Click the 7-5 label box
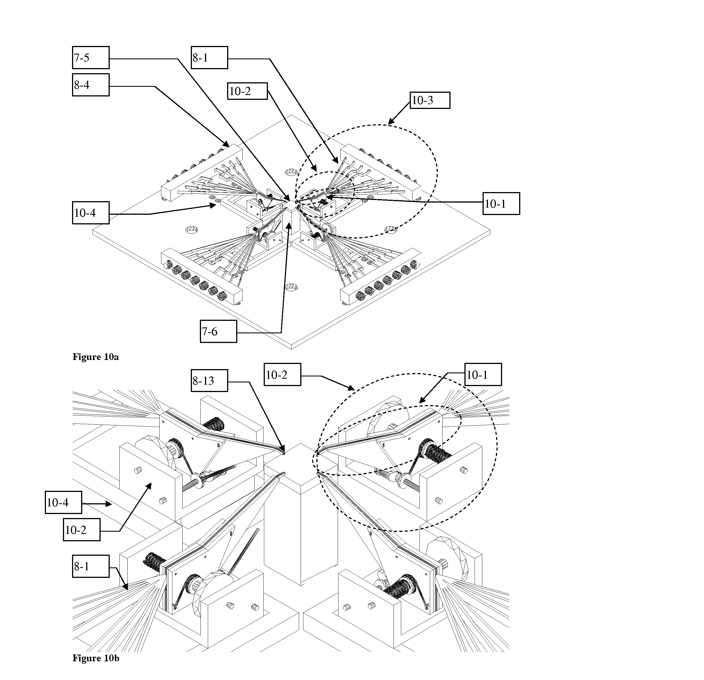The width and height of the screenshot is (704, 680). [x=90, y=58]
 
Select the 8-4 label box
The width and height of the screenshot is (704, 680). [x=90, y=85]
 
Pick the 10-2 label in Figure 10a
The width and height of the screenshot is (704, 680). [x=248, y=91]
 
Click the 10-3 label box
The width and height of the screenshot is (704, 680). [x=430, y=100]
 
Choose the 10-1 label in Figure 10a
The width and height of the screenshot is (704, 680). [x=501, y=204]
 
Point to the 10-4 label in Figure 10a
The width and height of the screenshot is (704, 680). [x=90, y=213]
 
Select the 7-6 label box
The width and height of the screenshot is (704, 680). [x=218, y=331]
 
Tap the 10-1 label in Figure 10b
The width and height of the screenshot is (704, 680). [x=483, y=375]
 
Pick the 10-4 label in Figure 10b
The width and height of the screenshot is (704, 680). [x=63, y=502]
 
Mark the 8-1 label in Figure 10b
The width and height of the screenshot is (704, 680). [x=90, y=567]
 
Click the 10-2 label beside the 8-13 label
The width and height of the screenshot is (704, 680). [x=282, y=375]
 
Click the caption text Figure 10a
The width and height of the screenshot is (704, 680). [x=96, y=357]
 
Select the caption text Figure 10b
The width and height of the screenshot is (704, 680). [x=96, y=658]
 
